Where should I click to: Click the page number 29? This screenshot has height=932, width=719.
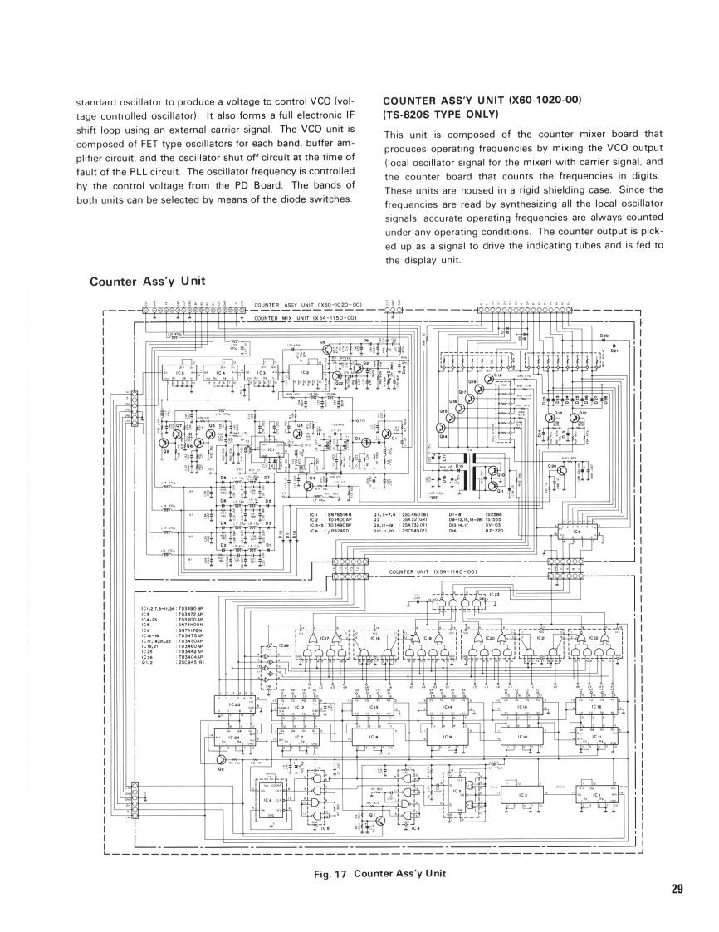click(x=677, y=889)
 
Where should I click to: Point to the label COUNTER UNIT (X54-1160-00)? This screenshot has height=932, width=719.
click(x=436, y=571)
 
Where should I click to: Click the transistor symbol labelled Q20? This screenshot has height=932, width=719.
click(x=563, y=470)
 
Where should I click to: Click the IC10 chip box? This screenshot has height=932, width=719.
click(x=522, y=738)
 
